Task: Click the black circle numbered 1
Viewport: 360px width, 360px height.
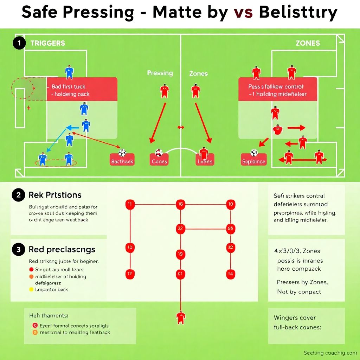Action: (x=19, y=43)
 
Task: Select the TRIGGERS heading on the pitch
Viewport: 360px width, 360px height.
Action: (x=47, y=43)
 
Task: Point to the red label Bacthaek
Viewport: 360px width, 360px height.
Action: (x=122, y=161)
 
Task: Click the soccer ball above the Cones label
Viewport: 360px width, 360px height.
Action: (x=159, y=153)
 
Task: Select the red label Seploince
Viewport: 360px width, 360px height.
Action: (x=253, y=162)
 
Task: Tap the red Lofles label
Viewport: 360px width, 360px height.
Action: (x=205, y=161)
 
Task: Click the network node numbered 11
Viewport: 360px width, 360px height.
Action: (x=130, y=204)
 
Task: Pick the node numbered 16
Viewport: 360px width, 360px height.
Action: (x=180, y=204)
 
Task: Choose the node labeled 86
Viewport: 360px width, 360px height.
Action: (x=231, y=228)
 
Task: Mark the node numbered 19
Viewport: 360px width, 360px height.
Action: (x=180, y=253)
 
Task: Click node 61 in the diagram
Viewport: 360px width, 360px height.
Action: (x=180, y=274)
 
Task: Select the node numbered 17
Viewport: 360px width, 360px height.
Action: (x=130, y=274)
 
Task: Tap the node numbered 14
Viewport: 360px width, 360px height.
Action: (x=231, y=274)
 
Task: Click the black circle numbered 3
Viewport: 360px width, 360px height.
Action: (x=18, y=250)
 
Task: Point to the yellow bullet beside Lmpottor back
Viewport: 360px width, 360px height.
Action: (x=31, y=290)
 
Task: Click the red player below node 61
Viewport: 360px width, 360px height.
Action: (x=181, y=317)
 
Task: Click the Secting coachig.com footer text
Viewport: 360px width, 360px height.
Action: (x=330, y=353)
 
